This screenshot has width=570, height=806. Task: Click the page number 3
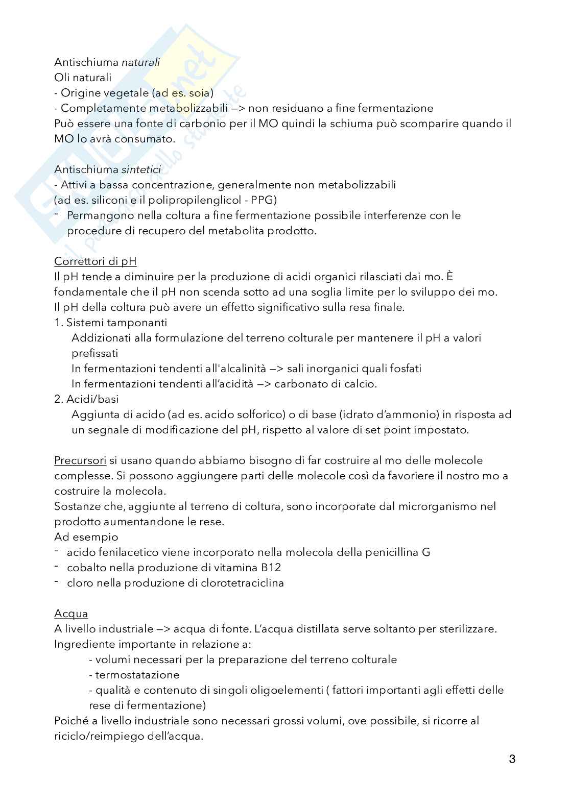(x=512, y=759)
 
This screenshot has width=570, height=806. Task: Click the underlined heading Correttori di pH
(x=96, y=261)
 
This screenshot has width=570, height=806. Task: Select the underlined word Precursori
(x=80, y=460)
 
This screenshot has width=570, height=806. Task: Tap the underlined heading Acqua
(x=71, y=614)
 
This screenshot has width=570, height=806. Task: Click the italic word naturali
(x=140, y=62)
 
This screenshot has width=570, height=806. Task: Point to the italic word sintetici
(x=141, y=169)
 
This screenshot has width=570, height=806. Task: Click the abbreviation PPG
(x=264, y=200)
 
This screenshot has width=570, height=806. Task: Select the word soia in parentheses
(x=199, y=93)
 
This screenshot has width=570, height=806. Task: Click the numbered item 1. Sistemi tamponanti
(x=111, y=323)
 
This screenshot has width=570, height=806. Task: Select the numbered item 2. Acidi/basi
(x=86, y=399)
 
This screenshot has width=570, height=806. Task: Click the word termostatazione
(x=137, y=675)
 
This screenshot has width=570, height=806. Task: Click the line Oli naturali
(x=83, y=78)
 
